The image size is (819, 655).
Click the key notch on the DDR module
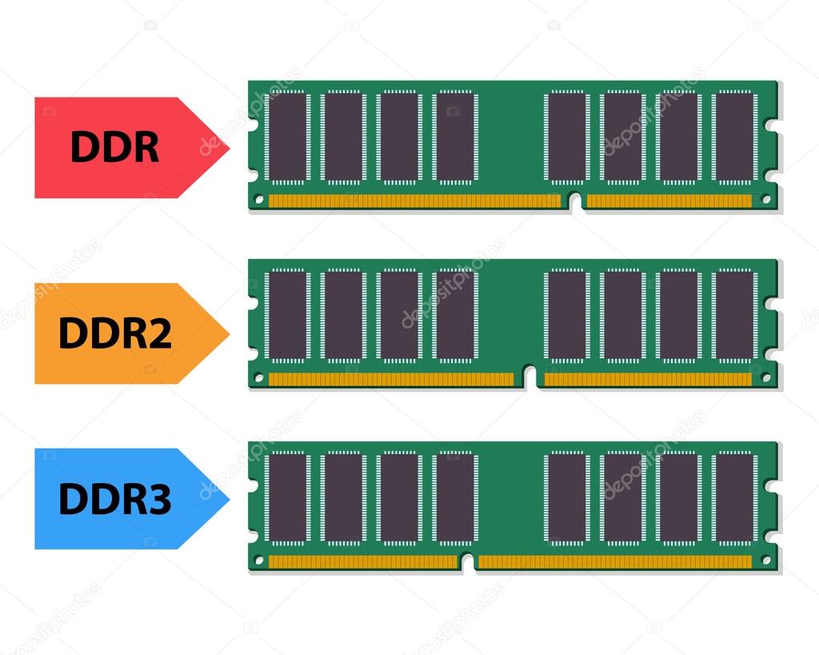575,202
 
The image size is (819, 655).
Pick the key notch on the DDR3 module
468,562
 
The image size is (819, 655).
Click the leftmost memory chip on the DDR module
288,138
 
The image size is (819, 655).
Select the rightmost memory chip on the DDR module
734,138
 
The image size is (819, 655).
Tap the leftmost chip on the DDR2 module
288,315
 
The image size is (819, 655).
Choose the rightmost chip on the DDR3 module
734,497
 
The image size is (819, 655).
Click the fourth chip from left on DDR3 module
455,497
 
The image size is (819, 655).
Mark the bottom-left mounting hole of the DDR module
258,198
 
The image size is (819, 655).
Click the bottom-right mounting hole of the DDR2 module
766,377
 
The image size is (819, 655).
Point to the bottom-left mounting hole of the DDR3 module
258,561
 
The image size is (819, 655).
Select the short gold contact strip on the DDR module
669,201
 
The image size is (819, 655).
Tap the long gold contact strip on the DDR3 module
615,562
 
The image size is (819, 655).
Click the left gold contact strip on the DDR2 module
391,380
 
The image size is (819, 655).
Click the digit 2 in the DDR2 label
158,333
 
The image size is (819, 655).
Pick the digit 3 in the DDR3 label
158,499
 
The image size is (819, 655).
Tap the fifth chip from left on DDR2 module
567,315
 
